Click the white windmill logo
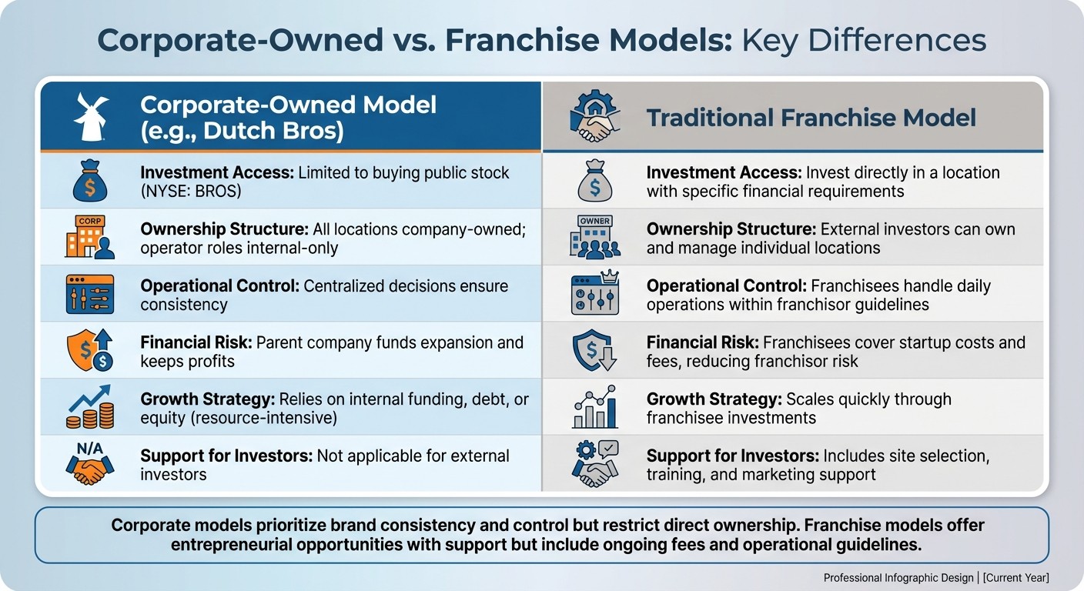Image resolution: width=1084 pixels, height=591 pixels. click(90, 117)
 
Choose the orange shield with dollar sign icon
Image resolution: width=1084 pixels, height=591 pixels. click(89, 351)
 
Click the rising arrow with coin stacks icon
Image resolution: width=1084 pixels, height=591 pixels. click(89, 408)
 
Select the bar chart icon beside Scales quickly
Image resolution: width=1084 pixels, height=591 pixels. click(595, 408)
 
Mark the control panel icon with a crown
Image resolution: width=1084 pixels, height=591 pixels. click(595, 295)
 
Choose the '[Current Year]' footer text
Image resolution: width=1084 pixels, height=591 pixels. click(1015, 577)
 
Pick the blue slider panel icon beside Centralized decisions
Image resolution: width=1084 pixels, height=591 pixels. click(89, 295)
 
